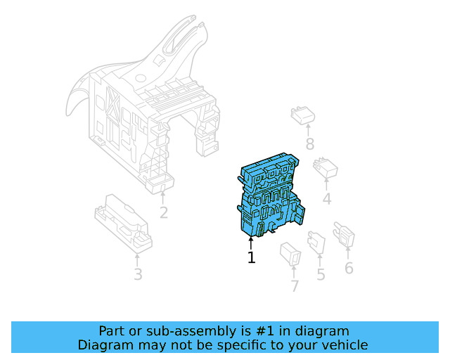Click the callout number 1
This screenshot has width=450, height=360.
pos(251,258)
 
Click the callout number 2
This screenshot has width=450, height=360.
pos(163,212)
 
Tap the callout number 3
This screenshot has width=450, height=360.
pos(138,274)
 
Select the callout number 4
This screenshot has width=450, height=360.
pos(326,200)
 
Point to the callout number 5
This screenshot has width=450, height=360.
pos(321,274)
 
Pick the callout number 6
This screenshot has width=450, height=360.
pos(349,268)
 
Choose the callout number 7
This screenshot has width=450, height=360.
pos(295,286)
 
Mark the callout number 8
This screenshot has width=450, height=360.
pos(309,146)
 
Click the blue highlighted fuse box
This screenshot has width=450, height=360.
pos(271,198)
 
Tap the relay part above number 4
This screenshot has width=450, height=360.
pos(326,168)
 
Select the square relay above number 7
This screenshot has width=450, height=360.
pos(290,252)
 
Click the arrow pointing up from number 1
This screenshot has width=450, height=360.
pos(251,243)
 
